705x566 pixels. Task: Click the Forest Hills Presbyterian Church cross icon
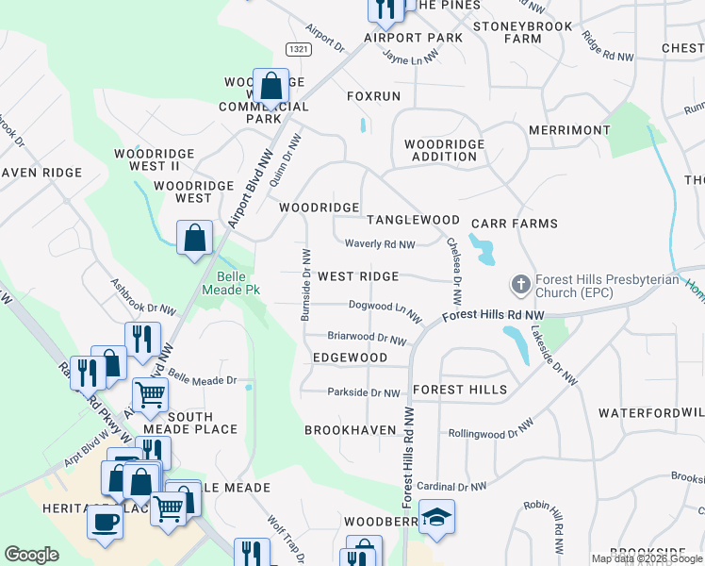pyautogui.click(x=519, y=284)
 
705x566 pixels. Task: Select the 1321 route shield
pyautogui.click(x=298, y=49)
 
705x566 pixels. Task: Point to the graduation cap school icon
pyautogui.click(x=436, y=517)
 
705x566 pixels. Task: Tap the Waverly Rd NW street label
pyautogui.click(x=380, y=244)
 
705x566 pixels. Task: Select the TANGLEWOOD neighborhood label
pyautogui.click(x=413, y=220)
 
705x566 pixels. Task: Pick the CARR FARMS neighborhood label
pyautogui.click(x=515, y=224)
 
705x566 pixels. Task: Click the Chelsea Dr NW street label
pyautogui.click(x=455, y=270)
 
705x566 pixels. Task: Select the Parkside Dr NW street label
pyautogui.click(x=364, y=392)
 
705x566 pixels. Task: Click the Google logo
pyautogui.click(x=31, y=555)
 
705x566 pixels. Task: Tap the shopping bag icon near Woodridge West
pyautogui.click(x=194, y=240)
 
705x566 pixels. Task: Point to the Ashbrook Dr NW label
pyautogui.click(x=143, y=295)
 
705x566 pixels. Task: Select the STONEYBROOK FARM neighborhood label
pyautogui.click(x=521, y=32)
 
